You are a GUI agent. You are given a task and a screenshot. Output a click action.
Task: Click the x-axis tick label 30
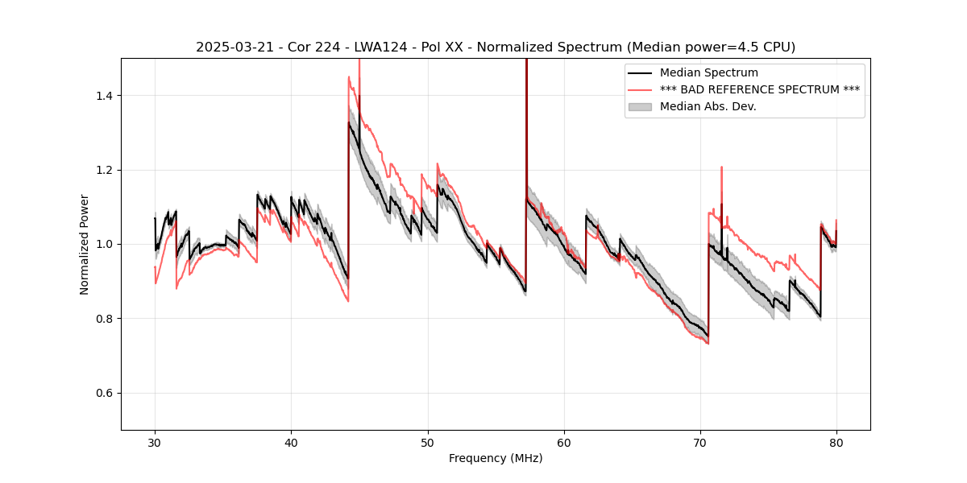tap(155, 442)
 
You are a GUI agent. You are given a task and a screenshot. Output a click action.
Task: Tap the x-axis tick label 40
tap(291, 442)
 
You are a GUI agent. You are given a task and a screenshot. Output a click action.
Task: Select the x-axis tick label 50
tap(428, 442)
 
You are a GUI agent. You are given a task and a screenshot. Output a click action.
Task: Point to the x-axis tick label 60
tap(564, 442)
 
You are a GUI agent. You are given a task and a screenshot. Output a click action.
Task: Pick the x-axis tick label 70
tap(700, 442)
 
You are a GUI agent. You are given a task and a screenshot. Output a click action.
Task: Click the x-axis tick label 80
tap(836, 442)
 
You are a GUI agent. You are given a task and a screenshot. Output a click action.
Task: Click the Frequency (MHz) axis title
tap(496, 458)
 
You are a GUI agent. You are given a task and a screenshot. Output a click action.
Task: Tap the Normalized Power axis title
tap(85, 244)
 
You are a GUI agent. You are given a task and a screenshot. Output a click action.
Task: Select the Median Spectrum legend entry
tap(709, 73)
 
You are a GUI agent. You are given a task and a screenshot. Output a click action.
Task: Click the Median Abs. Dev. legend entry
tap(708, 106)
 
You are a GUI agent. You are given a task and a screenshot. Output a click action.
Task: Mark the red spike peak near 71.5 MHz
tap(721, 167)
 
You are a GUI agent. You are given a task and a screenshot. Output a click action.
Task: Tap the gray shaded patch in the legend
tap(641, 106)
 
